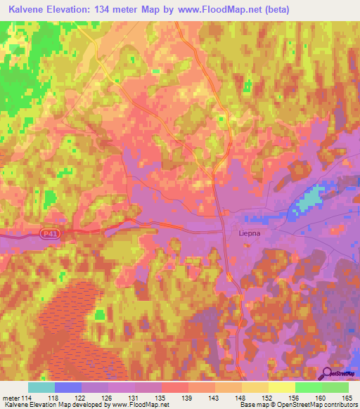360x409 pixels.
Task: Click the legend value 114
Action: click(x=27, y=398)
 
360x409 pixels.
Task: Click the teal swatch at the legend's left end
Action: click(x=41, y=387)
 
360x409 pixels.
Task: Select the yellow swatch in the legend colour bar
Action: click(x=282, y=387)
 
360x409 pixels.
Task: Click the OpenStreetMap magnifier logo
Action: click(x=328, y=375)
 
